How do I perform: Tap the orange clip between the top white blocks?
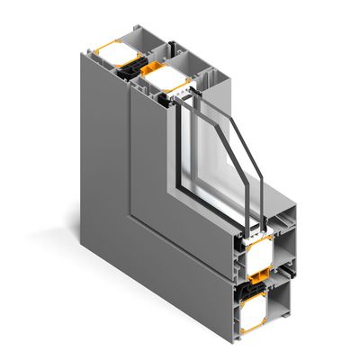[x=149, y=70]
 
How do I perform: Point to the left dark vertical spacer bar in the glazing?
[x=180, y=144]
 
